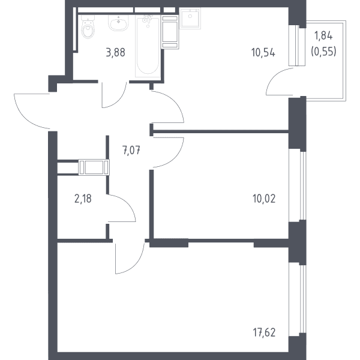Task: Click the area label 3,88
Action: click(115, 53)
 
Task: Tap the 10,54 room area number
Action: click(263, 53)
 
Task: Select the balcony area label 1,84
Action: click(323, 36)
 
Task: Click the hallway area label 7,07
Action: click(131, 151)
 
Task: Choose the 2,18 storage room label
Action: click(83, 199)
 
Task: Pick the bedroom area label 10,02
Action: click(264, 199)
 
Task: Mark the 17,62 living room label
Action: click(264, 332)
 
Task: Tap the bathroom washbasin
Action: click(118, 23)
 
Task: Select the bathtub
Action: click(148, 46)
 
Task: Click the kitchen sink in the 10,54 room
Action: click(190, 18)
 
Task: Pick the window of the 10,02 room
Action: click(303, 186)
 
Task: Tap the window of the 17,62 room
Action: click(303, 299)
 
